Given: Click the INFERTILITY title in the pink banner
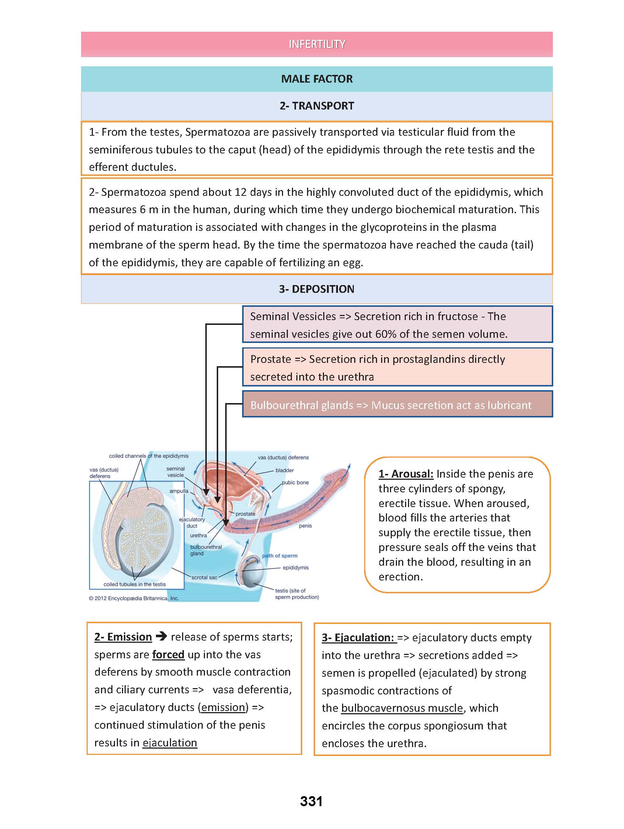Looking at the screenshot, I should point(317,44).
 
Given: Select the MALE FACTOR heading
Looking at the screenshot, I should point(317,79).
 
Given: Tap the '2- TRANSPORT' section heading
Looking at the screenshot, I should point(317,106).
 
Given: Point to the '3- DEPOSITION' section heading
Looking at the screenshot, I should point(317,289).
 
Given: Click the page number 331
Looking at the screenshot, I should point(311,801).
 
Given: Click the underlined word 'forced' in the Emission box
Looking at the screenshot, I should point(168,654).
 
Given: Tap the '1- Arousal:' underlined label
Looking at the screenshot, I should point(406,474).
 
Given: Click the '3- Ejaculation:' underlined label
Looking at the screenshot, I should point(358,638).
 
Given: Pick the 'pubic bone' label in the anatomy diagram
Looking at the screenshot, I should point(295,482).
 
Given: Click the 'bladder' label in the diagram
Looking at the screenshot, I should point(285,470).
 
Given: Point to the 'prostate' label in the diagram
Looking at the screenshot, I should point(245,514).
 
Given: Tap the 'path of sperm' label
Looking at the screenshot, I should point(280,555).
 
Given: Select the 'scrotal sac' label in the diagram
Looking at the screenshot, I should point(204,577).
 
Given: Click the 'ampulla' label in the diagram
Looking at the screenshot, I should point(179,491).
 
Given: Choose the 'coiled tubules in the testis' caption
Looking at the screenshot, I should point(135,584).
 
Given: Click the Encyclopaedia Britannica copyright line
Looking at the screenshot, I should point(134,598).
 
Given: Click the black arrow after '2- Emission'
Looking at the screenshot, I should point(161,636).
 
